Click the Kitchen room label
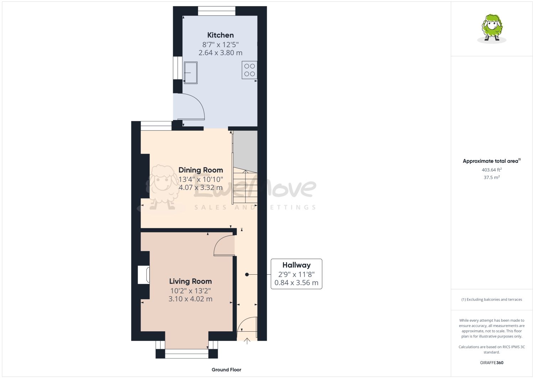click(220, 35)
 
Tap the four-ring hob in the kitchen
click(249, 70)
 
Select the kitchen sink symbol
click(191, 73)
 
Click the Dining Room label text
click(201, 170)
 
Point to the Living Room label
click(190, 281)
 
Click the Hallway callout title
click(296, 265)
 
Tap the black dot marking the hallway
click(247, 275)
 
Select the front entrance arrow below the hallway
click(247, 341)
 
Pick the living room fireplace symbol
click(144, 275)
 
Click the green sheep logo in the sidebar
click(492, 29)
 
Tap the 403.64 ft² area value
click(492, 170)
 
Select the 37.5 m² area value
click(492, 177)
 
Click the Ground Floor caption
click(226, 370)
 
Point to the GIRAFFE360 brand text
click(492, 363)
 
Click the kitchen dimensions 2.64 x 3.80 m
click(220, 53)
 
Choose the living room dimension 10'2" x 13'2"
click(190, 291)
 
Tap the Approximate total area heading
click(492, 161)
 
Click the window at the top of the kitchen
click(217, 11)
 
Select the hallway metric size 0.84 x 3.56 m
click(296, 283)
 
